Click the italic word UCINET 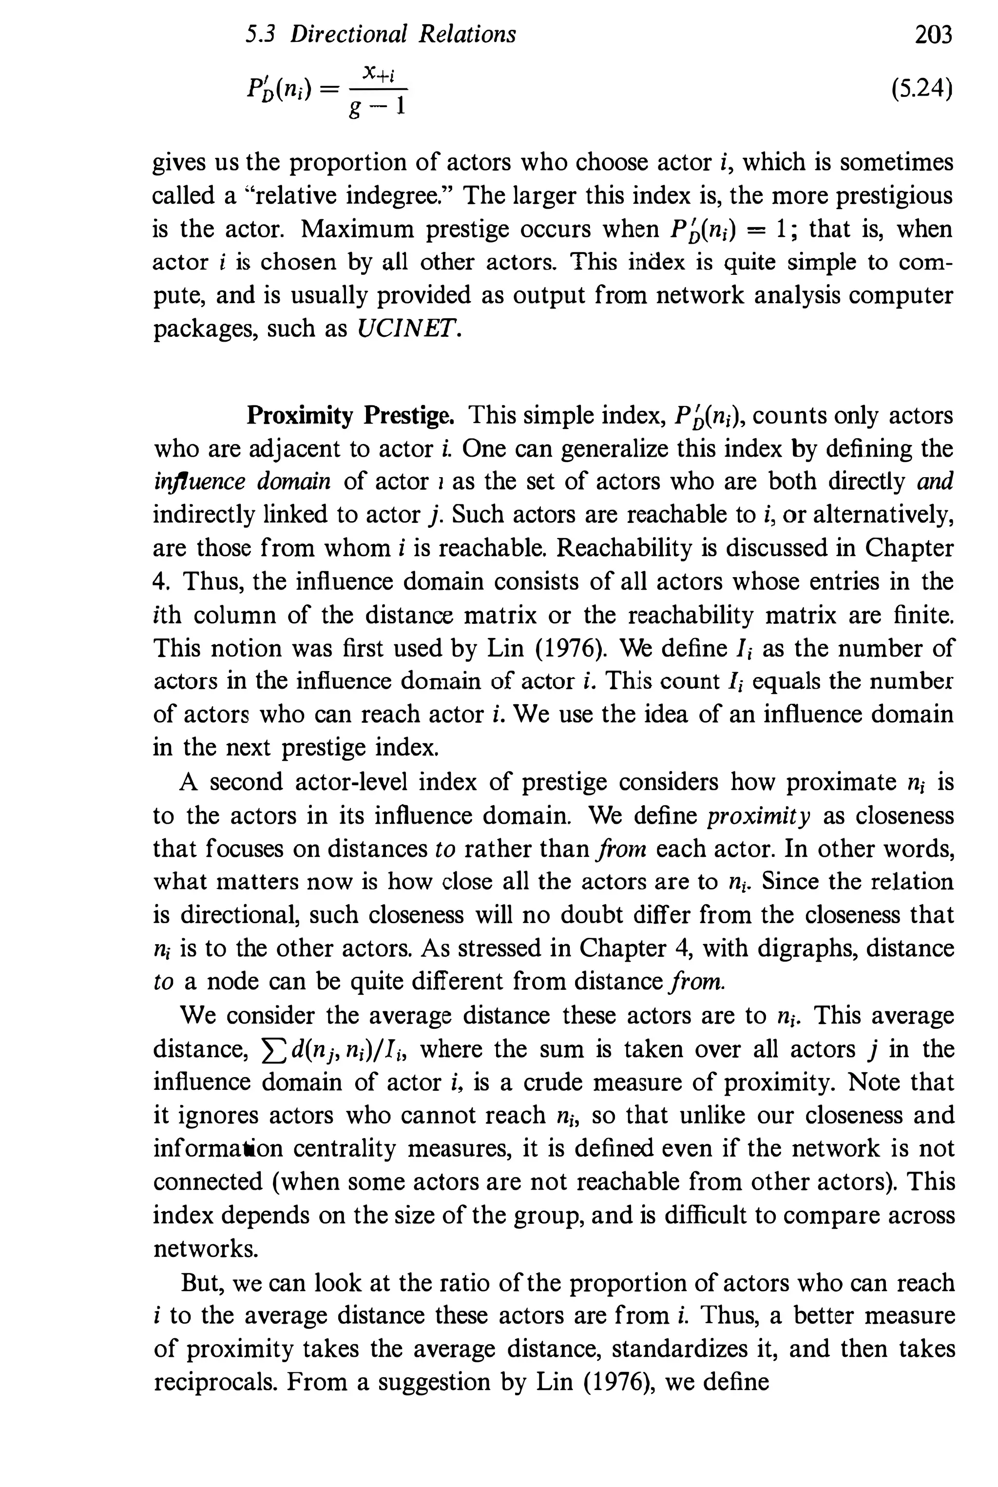click(407, 328)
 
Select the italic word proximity click(759, 815)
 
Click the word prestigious click(894, 195)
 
